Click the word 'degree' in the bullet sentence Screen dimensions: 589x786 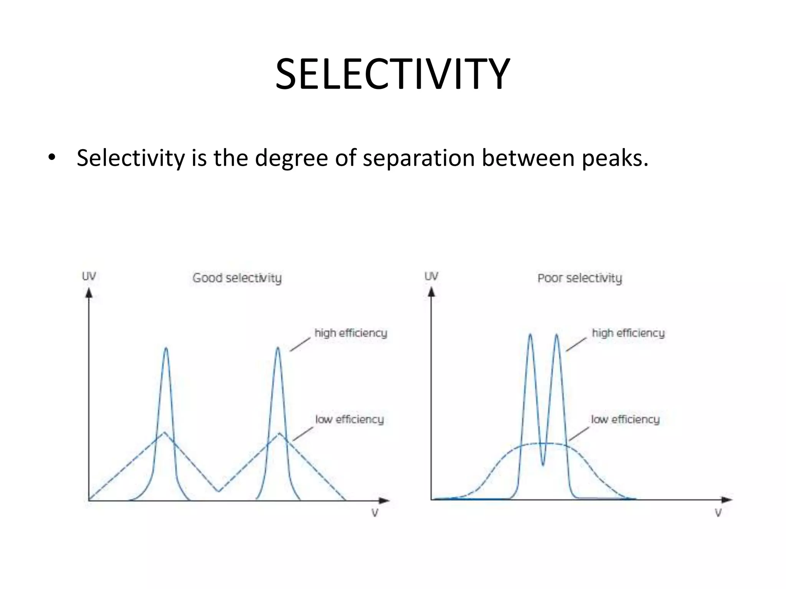[x=291, y=158]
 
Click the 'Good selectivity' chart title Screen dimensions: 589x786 [x=237, y=278]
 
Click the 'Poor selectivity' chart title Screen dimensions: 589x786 [x=580, y=278]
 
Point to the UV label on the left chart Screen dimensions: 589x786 [x=89, y=276]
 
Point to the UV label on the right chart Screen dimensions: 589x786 [x=431, y=276]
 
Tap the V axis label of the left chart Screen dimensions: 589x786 [x=375, y=513]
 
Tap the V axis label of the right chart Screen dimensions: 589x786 [x=718, y=513]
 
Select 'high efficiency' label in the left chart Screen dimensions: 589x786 [x=351, y=333]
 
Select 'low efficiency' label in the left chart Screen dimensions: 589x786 [x=349, y=419]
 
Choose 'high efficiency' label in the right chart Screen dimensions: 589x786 [x=628, y=333]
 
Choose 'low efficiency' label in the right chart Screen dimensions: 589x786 [x=625, y=419]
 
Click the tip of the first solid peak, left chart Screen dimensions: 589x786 [x=166, y=348]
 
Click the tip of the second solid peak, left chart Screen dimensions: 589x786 [x=278, y=348]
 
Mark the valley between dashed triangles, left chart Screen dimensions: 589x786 [x=218, y=491]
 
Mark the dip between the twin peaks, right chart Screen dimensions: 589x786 [x=543, y=465]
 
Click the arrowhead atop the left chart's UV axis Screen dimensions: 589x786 [x=89, y=293]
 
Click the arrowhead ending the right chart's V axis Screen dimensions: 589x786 [x=727, y=500]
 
